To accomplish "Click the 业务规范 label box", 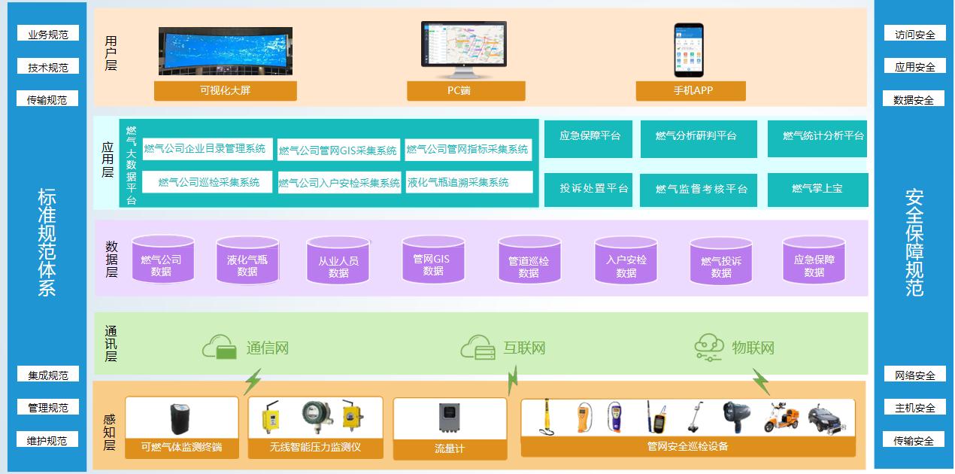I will point(48,34).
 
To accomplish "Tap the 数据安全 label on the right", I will point(914,99).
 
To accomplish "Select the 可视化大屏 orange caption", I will point(226,90).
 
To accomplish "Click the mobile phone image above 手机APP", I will point(688,50).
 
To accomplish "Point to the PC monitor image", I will point(463,49).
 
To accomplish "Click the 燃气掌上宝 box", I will point(817,189).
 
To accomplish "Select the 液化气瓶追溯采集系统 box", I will point(468,182).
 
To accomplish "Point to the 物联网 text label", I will point(753,348).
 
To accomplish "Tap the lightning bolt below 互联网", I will point(514,380).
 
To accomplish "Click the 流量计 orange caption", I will point(450,448).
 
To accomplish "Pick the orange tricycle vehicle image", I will point(781,418).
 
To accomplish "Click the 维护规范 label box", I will point(48,440).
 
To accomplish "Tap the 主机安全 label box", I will point(914,408).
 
